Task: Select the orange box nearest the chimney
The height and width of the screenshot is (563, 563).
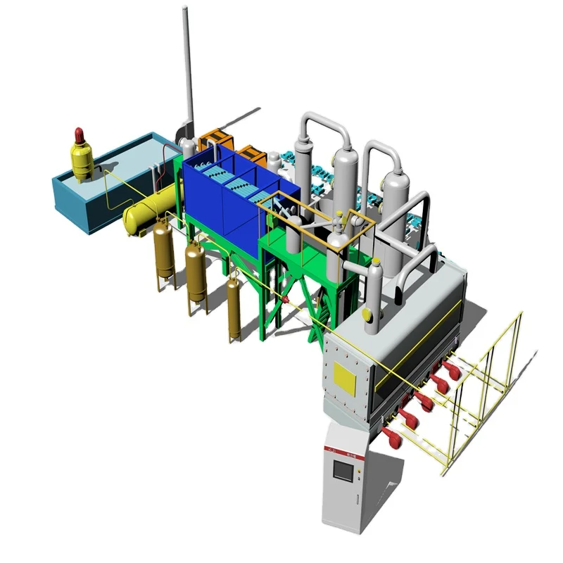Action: click(213, 139)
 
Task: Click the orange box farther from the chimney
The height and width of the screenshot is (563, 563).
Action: click(250, 156)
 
